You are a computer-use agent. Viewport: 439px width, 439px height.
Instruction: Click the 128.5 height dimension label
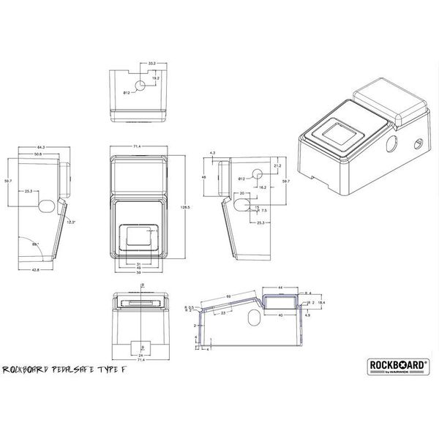pos(187,208)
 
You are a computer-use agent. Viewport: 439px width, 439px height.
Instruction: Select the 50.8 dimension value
pos(37,155)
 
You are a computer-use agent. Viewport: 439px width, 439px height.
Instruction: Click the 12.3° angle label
pos(71,221)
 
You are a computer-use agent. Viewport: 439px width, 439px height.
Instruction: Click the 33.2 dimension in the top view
pos(151,64)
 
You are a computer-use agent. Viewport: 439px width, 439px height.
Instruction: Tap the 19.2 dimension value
pos(154,77)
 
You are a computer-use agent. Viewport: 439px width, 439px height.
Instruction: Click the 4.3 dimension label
pos(212,152)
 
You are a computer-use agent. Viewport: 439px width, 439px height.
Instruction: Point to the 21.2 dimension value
pos(276,167)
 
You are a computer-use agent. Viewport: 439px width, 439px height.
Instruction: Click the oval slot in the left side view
pos(45,203)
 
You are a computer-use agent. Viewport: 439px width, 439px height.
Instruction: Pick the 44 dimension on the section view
pos(281,288)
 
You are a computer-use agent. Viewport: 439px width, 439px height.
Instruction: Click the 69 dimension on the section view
pos(228,296)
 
